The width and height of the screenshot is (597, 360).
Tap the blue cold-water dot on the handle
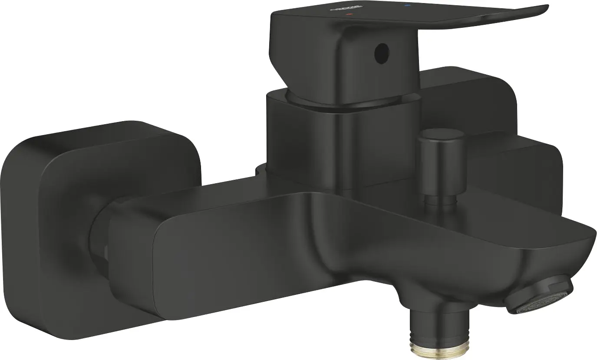[x=407, y=6]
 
